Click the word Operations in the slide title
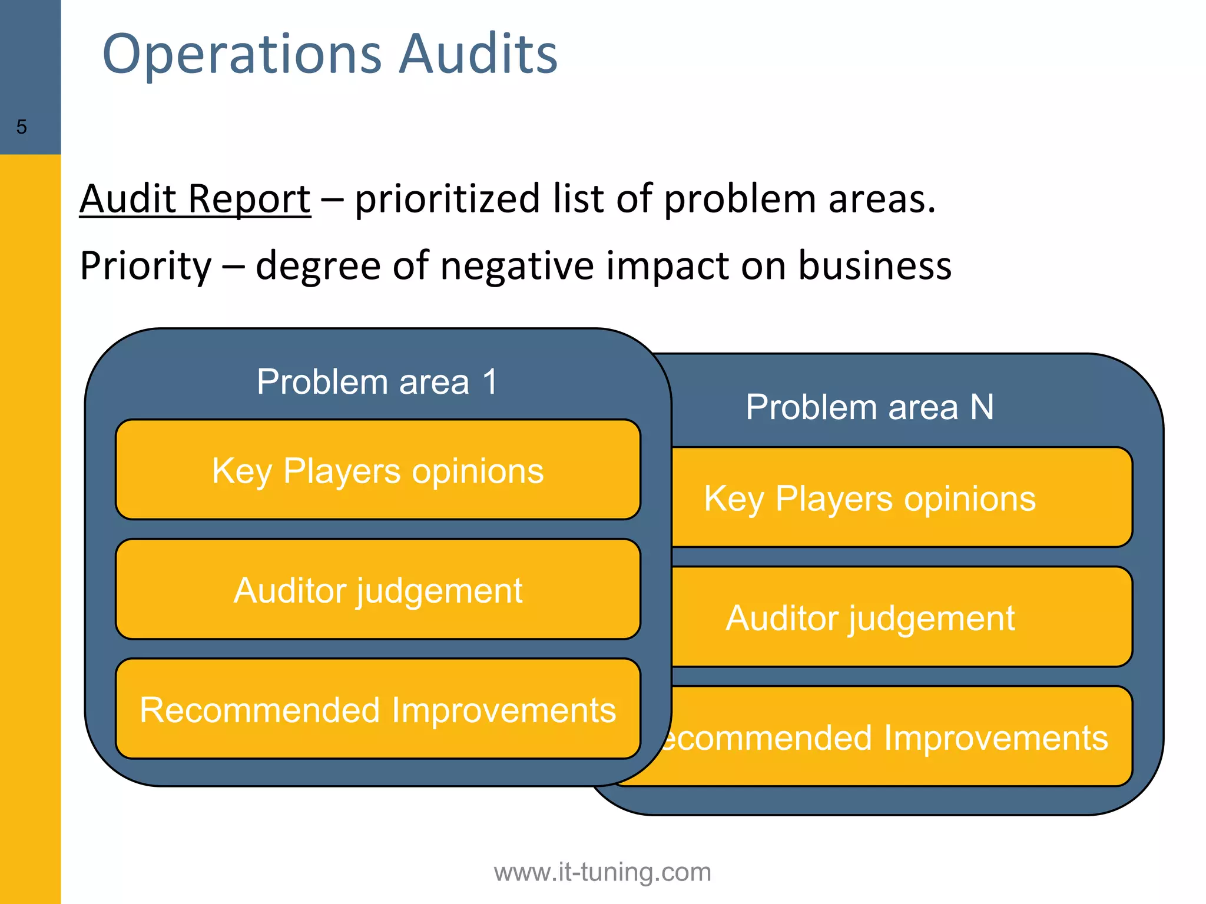(x=241, y=54)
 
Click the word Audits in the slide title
(x=478, y=54)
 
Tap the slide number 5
(x=22, y=127)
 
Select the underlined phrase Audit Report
(x=195, y=198)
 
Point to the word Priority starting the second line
(x=145, y=265)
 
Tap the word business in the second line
(x=874, y=265)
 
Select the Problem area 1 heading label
(x=377, y=381)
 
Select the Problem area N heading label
(x=870, y=407)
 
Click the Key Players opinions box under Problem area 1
(x=377, y=470)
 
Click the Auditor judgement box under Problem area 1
(x=377, y=590)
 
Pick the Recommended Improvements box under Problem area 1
(x=377, y=709)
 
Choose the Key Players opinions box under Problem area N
(x=901, y=498)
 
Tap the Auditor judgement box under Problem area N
(x=901, y=617)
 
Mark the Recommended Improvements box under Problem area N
(x=901, y=737)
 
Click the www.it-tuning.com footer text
(x=602, y=872)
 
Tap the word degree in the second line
(x=319, y=265)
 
